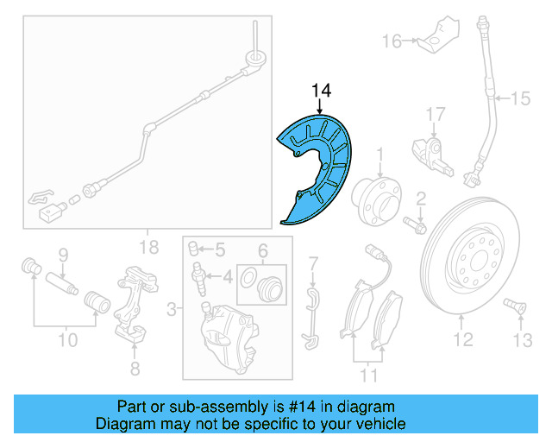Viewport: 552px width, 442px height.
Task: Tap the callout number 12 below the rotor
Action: pyautogui.click(x=464, y=340)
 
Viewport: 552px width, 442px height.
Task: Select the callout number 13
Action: pyautogui.click(x=522, y=340)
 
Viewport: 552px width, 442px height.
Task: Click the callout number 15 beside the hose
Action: pyautogui.click(x=520, y=99)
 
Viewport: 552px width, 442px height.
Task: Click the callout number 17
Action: pyautogui.click(x=435, y=113)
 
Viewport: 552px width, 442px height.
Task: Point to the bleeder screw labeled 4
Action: pyautogui.click(x=200, y=277)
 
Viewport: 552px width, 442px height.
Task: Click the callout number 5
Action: pyautogui.click(x=218, y=250)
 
